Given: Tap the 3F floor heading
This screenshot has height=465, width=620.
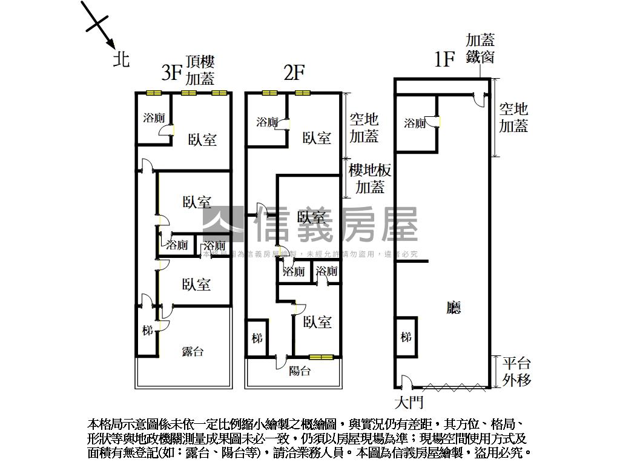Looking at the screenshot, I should click(x=173, y=73).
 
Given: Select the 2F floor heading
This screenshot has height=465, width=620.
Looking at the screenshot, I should click(x=294, y=73).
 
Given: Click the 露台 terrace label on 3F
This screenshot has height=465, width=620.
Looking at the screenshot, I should click(x=193, y=351).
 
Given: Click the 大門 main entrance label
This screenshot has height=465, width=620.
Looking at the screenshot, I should click(x=409, y=402).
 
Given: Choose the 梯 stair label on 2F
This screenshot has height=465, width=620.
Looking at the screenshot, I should click(x=257, y=338).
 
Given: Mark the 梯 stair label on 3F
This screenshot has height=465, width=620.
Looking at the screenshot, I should click(x=147, y=331).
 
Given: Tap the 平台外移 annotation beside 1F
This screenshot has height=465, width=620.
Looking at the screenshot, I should click(x=516, y=372).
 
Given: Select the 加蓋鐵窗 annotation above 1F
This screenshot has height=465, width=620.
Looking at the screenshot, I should click(x=480, y=48).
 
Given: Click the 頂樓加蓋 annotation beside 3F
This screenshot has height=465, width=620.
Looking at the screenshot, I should click(x=200, y=70).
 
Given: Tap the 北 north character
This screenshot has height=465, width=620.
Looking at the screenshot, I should click(x=122, y=59).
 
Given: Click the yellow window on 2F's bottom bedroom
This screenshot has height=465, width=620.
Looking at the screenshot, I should click(x=321, y=357).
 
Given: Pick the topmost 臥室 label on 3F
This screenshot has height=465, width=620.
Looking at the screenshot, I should click(x=202, y=140).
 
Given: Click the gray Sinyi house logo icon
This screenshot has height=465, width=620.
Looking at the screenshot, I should click(x=223, y=224).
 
